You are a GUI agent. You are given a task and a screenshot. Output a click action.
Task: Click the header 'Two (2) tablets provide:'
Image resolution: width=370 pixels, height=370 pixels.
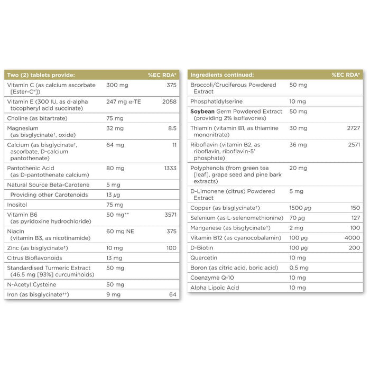[x=41, y=75]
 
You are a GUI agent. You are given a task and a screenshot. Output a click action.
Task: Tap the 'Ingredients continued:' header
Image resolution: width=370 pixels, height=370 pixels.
[x=222, y=75]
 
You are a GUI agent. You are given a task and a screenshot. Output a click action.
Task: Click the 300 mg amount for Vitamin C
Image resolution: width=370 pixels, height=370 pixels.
[x=116, y=85]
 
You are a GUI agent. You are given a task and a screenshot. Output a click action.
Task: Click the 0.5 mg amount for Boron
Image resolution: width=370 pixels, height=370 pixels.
[x=298, y=267]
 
